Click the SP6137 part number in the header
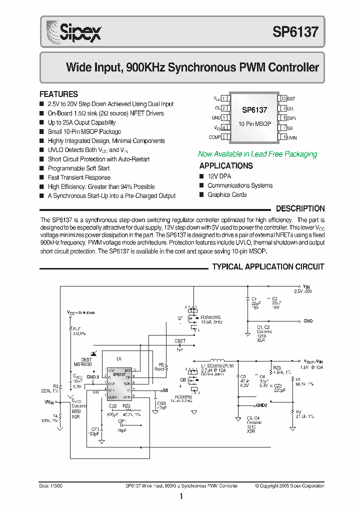coord(295,32)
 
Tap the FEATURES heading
coord(59,94)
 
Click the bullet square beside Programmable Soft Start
coord(42,168)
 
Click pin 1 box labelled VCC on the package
coord(224,99)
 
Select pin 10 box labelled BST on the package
coord(283,99)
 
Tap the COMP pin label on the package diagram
coord(214,136)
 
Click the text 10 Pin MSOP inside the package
coord(254,123)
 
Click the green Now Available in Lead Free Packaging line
coord(257,154)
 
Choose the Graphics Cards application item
coord(227,194)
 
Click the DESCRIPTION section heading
coord(300,208)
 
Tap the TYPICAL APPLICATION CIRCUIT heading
coord(268,266)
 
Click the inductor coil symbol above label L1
coord(216,360)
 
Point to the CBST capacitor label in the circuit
coord(180,340)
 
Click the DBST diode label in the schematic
coord(86,359)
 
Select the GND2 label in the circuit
coord(261,405)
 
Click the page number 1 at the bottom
coord(180,496)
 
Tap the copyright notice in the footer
coord(289,485)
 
